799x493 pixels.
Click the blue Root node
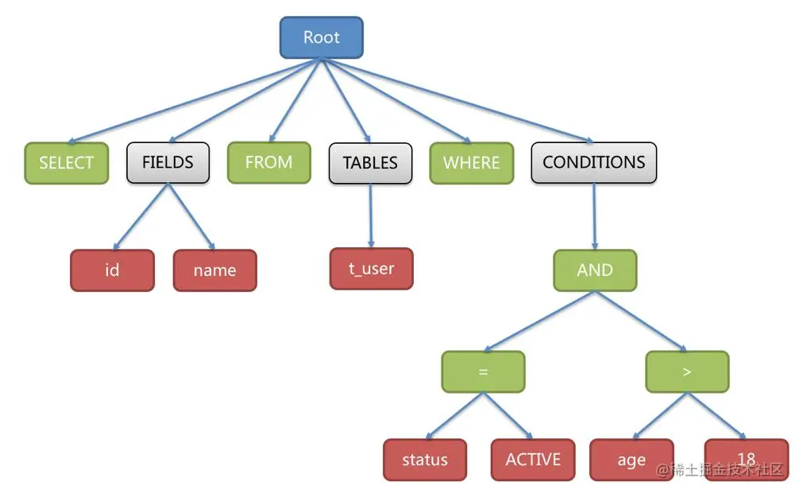(321, 37)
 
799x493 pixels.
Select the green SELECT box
(66, 163)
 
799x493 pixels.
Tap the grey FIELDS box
(168, 162)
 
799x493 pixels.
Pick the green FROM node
(268, 162)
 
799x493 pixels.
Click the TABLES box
(370, 163)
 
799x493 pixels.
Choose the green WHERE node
(471, 163)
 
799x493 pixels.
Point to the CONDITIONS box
(593, 162)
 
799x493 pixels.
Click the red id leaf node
(112, 270)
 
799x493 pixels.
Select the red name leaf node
(214, 270)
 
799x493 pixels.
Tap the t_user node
(371, 269)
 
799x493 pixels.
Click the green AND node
(595, 270)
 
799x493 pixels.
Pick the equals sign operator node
(483, 371)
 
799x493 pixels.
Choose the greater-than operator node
(686, 371)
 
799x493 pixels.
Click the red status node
(424, 460)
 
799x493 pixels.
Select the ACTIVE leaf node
(532, 460)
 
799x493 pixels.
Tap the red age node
(631, 460)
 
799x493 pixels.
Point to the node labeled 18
(745, 460)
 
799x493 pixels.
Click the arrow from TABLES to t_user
(370, 215)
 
